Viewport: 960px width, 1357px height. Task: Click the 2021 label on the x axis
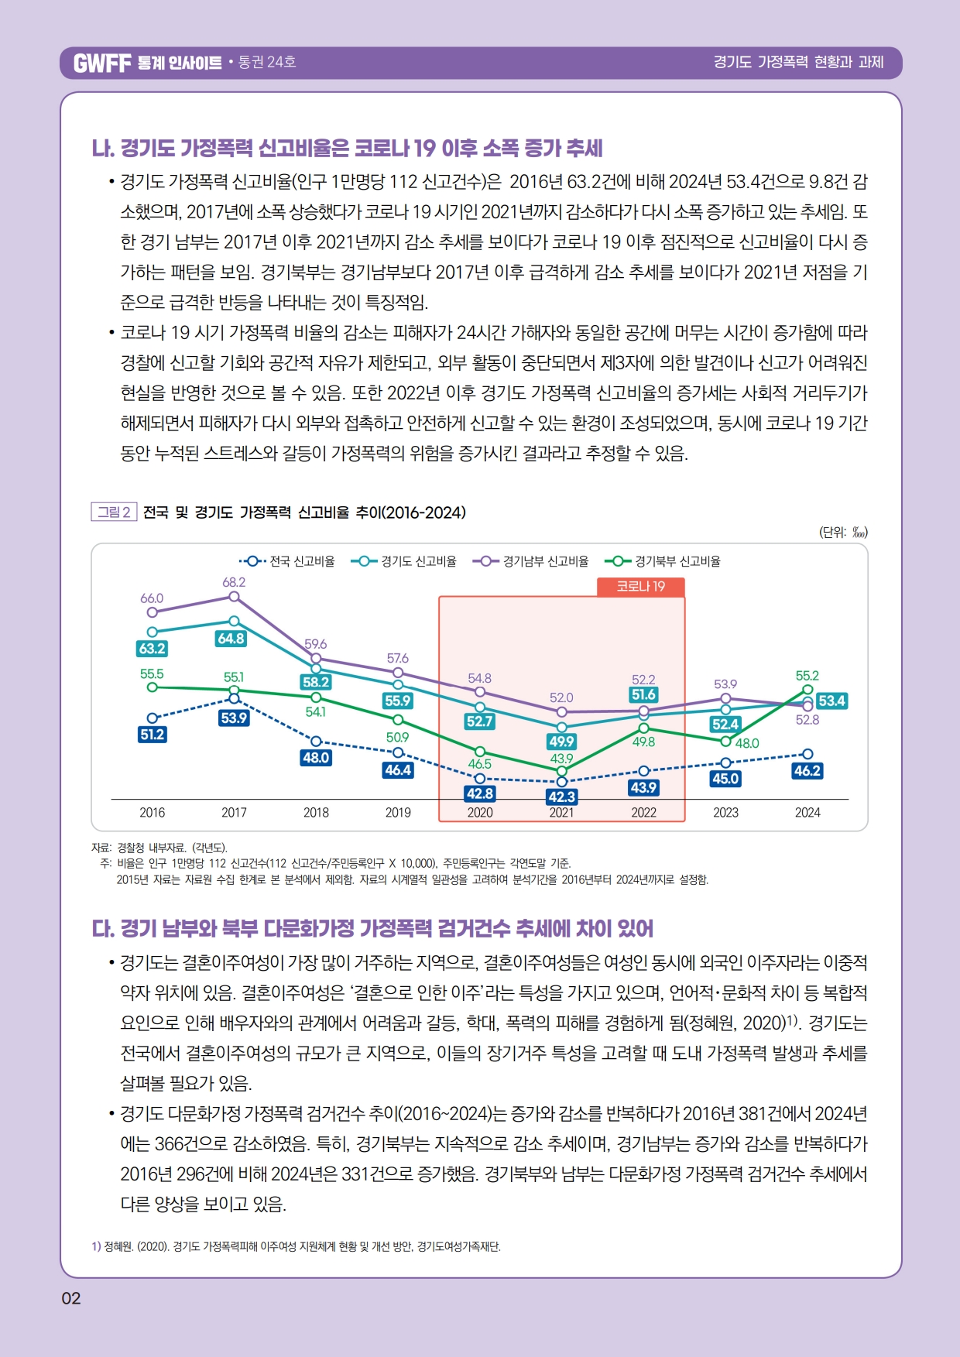(x=561, y=812)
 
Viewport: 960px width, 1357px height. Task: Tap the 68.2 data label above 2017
(x=234, y=582)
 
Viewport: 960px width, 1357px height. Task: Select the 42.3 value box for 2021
(x=562, y=797)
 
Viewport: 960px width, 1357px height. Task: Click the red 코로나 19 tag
(x=641, y=586)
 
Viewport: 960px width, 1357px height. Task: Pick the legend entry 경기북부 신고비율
(x=663, y=561)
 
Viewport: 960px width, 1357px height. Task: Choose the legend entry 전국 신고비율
(x=287, y=561)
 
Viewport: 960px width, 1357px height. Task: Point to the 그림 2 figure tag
(x=114, y=512)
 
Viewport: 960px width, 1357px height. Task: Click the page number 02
(x=71, y=1298)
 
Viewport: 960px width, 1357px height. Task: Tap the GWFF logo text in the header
(x=102, y=63)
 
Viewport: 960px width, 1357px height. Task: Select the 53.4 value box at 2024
(x=831, y=701)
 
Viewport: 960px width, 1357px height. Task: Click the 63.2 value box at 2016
(x=153, y=649)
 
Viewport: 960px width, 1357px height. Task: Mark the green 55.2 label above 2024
(x=807, y=676)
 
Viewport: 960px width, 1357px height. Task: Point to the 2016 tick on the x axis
(x=153, y=812)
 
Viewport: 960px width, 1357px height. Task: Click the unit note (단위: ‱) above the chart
(x=843, y=532)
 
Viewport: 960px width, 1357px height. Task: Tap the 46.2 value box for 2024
(x=807, y=771)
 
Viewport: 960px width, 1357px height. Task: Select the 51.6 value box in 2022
(x=644, y=694)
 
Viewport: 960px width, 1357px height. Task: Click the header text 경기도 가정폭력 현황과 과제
(x=798, y=62)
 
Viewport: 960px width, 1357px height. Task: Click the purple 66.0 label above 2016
(x=152, y=598)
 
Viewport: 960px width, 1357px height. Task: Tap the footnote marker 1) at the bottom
(x=96, y=1246)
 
